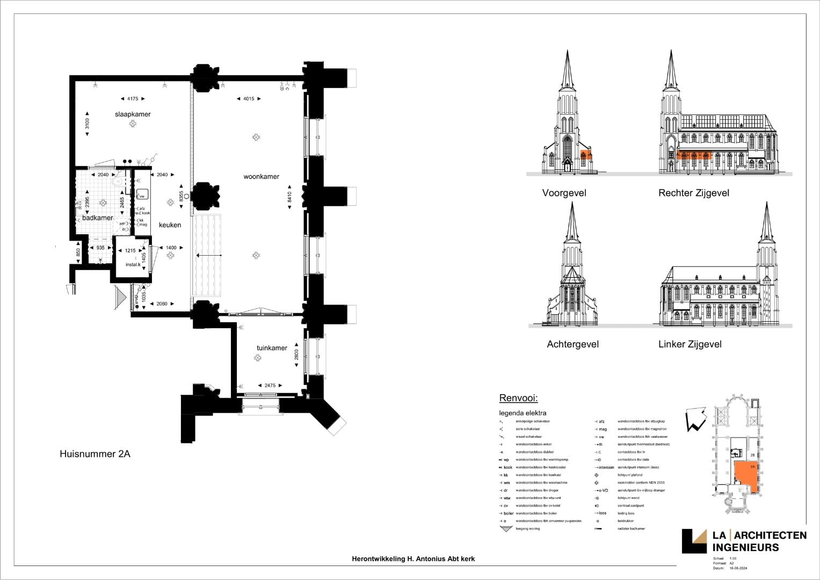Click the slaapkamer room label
133,114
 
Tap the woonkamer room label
262,177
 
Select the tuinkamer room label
272,348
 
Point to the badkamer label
98,218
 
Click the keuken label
170,225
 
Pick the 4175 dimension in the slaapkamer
132,99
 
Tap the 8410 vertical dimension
291,197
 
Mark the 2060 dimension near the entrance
162,304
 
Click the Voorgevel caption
564,193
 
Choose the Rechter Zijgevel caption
694,193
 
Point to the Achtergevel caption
572,344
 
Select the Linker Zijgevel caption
690,344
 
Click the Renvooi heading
518,398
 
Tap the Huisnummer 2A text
95,454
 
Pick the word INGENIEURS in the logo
745,547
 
